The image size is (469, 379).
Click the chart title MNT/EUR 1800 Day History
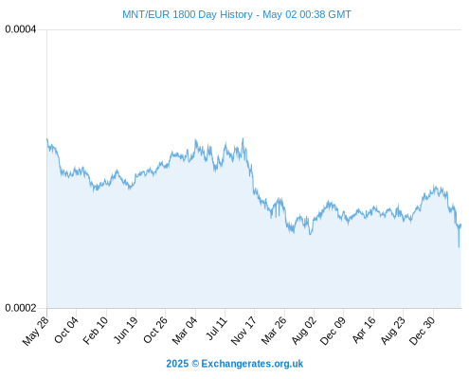click(x=188, y=14)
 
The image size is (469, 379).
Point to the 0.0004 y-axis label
click(x=21, y=29)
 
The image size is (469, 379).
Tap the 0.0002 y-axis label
click(x=21, y=308)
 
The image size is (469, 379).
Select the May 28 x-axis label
click(x=36, y=331)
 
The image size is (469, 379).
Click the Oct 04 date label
click(x=66, y=330)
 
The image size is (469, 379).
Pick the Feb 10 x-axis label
click(x=96, y=331)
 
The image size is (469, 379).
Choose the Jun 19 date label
click(x=125, y=330)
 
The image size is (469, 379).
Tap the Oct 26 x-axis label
click(x=155, y=330)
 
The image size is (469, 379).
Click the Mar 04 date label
click(x=185, y=331)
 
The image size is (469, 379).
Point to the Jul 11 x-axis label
click(x=217, y=328)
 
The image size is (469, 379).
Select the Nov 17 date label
click(x=244, y=331)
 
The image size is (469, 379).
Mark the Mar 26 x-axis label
click(x=274, y=331)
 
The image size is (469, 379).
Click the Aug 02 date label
click(x=303, y=331)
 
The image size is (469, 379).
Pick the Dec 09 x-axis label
click(x=333, y=331)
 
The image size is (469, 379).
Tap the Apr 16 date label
click(x=364, y=330)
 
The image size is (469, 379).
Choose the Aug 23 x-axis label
click(x=393, y=331)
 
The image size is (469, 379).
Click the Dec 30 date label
click(x=422, y=331)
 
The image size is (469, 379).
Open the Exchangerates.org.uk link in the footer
click(x=252, y=364)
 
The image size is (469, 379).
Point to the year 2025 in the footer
click(x=177, y=364)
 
